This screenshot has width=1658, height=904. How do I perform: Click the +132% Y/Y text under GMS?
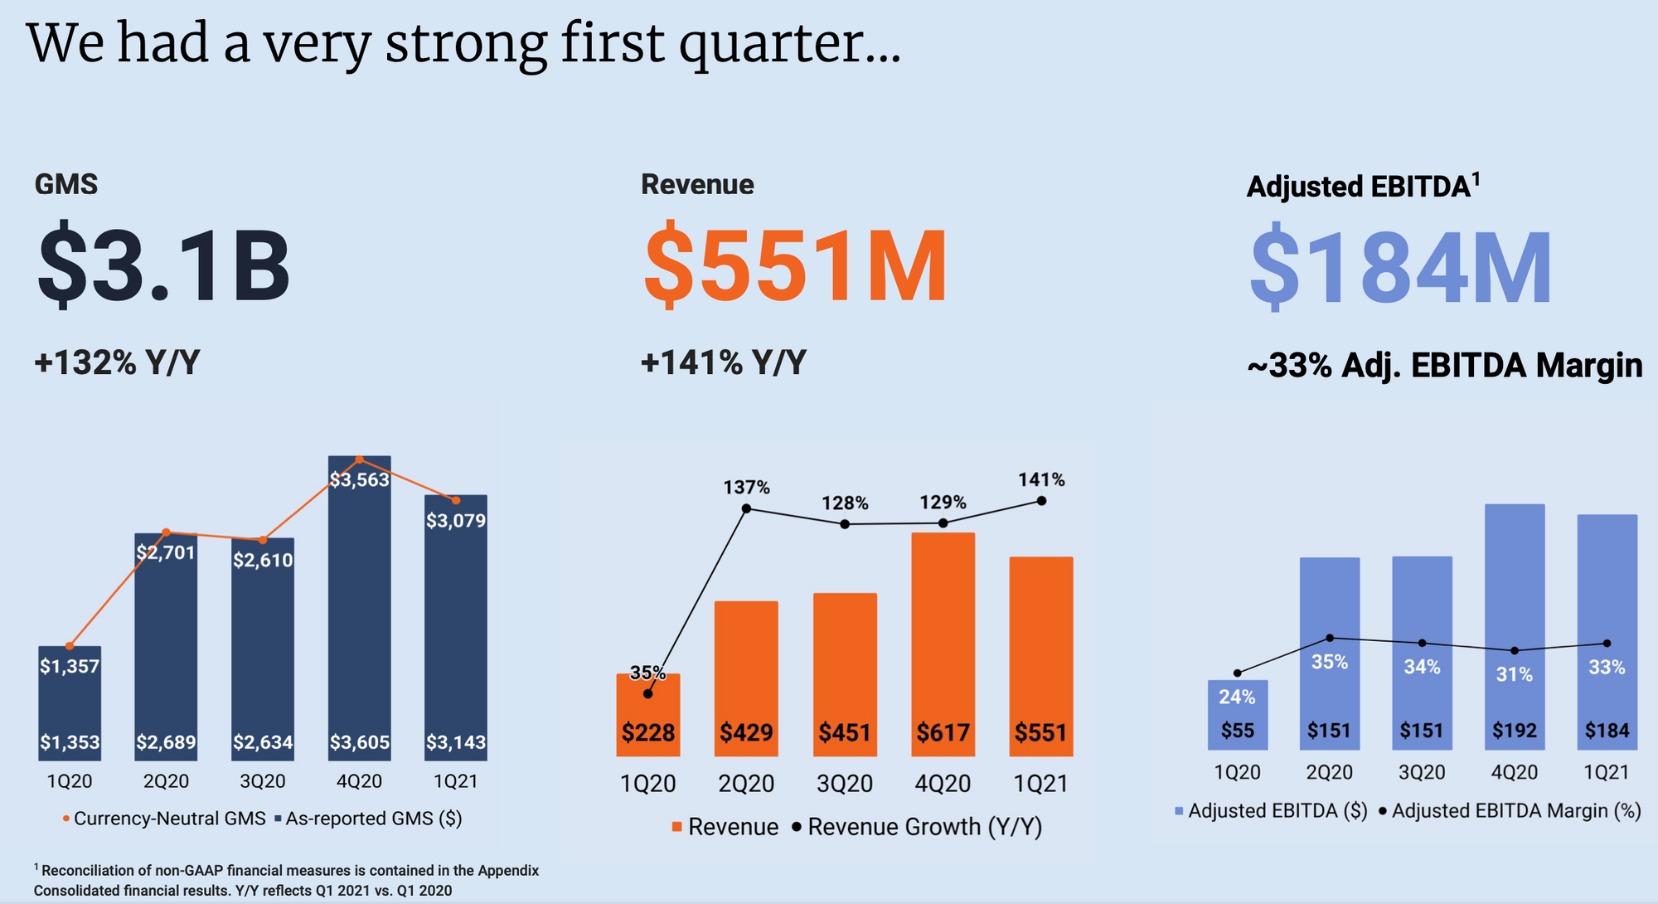coord(117,363)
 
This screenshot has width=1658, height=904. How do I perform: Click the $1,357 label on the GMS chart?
coord(70,665)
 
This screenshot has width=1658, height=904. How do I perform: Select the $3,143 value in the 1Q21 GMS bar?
coord(456,742)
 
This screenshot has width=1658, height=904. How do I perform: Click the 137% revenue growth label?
coord(746,488)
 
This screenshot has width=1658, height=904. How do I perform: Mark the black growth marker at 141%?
coord(1041,501)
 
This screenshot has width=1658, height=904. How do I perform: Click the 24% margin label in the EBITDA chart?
coord(1237,697)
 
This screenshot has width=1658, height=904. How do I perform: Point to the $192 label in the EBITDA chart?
coord(1514,731)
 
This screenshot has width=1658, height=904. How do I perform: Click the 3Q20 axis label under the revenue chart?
coord(845,784)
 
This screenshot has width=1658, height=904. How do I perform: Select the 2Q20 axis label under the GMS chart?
coord(166,781)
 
